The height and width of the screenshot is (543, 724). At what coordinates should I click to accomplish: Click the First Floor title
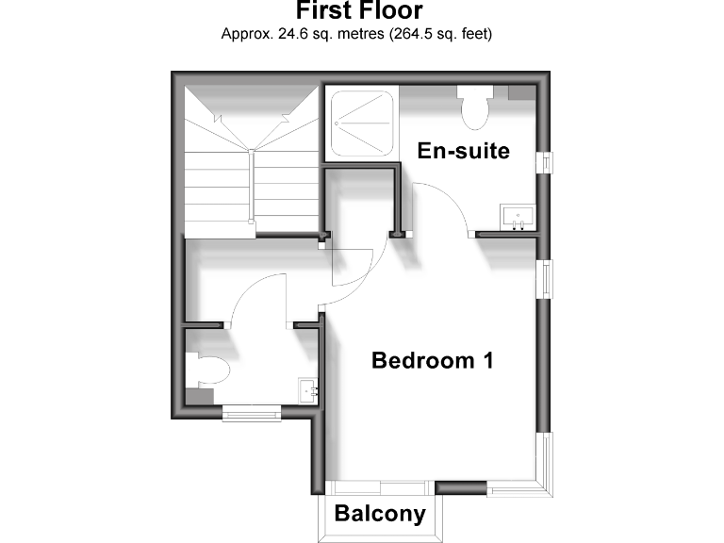click(359, 11)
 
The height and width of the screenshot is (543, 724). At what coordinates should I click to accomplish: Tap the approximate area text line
click(357, 34)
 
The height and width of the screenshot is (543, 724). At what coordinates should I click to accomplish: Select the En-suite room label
click(464, 151)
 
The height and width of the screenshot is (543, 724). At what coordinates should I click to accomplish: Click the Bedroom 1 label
click(433, 360)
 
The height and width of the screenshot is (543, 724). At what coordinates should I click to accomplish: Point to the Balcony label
click(380, 515)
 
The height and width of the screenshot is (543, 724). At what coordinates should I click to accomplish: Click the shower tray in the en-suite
click(361, 123)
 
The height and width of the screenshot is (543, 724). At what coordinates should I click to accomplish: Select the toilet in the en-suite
click(474, 106)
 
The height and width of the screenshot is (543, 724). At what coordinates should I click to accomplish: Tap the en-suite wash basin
click(518, 217)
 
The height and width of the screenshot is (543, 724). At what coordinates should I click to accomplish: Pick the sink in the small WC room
click(308, 388)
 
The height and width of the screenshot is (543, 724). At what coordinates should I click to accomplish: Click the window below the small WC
click(251, 410)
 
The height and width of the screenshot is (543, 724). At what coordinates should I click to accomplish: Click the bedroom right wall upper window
click(543, 279)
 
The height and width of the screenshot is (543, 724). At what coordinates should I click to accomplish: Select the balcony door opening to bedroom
click(380, 486)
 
